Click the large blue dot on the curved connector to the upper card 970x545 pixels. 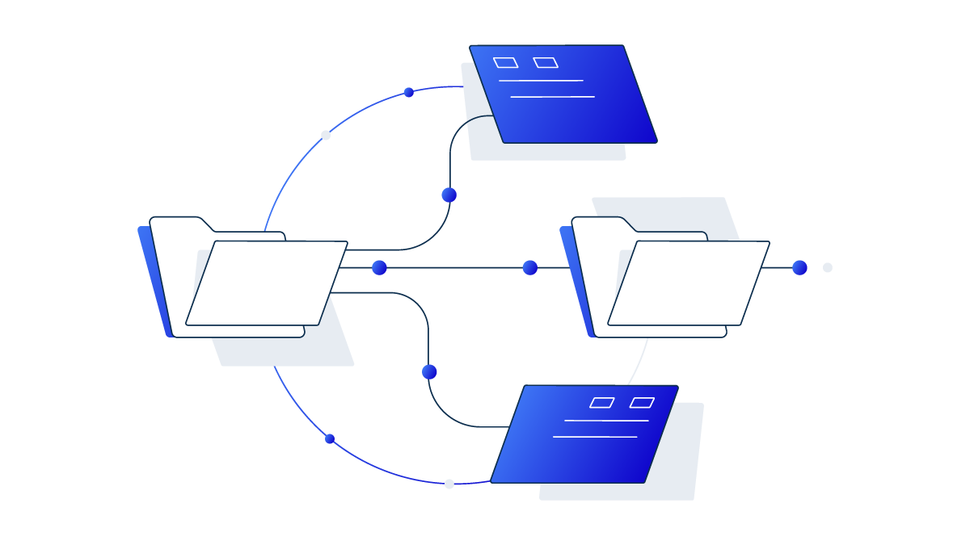[x=449, y=195]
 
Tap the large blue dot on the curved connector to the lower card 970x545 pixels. [x=429, y=371]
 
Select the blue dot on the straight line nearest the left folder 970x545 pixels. [x=379, y=267]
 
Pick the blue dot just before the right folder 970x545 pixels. [x=530, y=267]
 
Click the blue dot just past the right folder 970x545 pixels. [x=799, y=267]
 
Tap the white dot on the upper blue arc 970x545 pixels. [x=326, y=135]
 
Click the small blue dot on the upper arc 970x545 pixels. [x=408, y=92]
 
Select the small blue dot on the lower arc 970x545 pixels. [x=330, y=438]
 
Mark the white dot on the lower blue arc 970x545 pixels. [x=449, y=484]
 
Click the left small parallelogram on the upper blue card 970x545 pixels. [x=505, y=62]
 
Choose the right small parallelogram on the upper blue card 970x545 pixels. [x=546, y=62]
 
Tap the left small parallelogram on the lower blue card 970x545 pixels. [x=602, y=402]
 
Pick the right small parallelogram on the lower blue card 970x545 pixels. [x=642, y=402]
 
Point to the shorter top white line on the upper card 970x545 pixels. [x=541, y=81]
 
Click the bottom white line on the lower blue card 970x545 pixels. [x=595, y=437]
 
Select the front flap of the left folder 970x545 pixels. [x=267, y=283]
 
